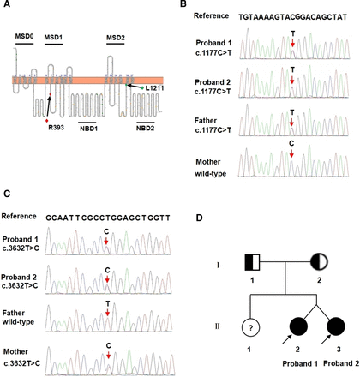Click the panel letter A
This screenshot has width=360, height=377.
(7, 7)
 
